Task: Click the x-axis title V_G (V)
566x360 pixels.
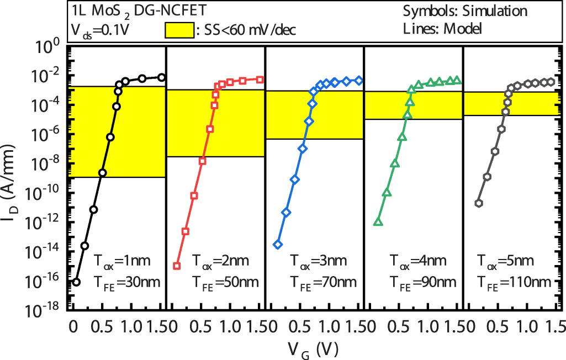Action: pyautogui.click(x=316, y=349)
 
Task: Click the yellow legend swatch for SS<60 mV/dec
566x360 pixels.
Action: pyautogui.click(x=179, y=30)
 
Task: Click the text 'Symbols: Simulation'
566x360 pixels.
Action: pyautogui.click(x=465, y=11)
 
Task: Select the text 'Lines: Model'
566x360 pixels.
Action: pyautogui.click(x=442, y=29)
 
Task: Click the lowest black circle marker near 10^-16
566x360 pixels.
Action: pyautogui.click(x=76, y=282)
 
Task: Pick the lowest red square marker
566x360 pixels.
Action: pyautogui.click(x=177, y=266)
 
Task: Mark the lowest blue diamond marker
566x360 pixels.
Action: pyautogui.click(x=278, y=244)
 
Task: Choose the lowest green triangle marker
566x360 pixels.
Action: pyautogui.click(x=378, y=222)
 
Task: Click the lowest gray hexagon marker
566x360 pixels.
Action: pyautogui.click(x=479, y=203)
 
